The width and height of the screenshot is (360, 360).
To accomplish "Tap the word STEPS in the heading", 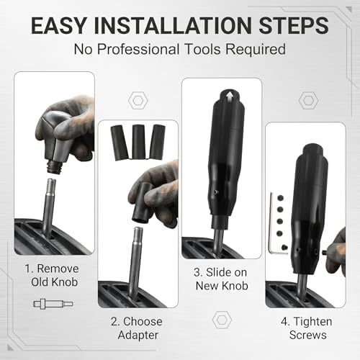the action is coord(294,25).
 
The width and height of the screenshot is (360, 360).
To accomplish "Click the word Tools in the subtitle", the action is coord(202,49).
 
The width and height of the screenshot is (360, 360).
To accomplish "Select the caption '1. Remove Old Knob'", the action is coord(53,275).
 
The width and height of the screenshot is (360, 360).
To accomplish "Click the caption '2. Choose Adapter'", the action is coord(137,328).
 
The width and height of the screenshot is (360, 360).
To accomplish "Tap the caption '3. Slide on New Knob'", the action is coord(221,279).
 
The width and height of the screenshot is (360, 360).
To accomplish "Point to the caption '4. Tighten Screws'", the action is coord(307,328).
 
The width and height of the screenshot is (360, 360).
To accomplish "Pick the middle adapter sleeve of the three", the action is coord(138,142).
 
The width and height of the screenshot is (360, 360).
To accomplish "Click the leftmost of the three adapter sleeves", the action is coord(120,143).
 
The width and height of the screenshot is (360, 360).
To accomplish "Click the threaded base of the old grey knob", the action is coord(55,167).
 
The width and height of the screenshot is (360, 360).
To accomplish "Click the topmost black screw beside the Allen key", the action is coord(280,198).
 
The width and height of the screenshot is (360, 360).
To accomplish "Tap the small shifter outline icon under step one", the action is coord(53,304).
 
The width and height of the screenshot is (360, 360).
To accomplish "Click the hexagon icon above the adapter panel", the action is coord(138,101).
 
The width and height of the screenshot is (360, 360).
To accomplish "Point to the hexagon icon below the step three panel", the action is coord(222,320).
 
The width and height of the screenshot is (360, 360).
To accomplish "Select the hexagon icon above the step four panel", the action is coord(308,100).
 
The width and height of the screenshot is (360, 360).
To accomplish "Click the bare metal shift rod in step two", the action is coord(135,264).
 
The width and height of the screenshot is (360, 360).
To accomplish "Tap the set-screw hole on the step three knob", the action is coord(215,192).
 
